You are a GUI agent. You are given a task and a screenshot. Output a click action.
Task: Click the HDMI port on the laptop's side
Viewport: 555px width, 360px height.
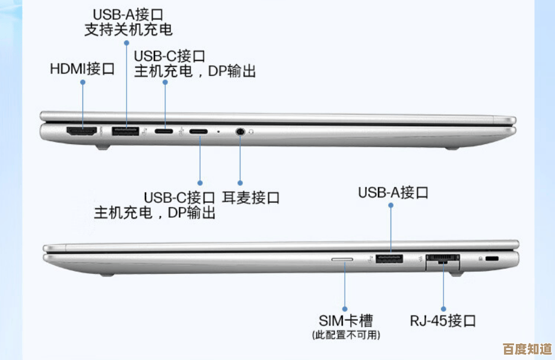81,131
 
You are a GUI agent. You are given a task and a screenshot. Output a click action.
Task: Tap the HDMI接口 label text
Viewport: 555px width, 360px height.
82,69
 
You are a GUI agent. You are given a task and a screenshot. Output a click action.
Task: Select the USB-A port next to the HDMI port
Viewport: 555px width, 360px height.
126,131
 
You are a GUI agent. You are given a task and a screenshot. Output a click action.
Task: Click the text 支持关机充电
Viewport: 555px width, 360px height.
128,29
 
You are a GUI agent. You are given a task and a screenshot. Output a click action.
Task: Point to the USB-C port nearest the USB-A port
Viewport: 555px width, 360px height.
165,131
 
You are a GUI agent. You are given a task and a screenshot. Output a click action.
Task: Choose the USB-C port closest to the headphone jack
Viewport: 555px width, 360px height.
199,131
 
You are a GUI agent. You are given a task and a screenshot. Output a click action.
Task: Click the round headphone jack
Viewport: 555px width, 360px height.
240,131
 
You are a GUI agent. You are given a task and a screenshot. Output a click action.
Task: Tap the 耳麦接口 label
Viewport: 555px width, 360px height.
250,197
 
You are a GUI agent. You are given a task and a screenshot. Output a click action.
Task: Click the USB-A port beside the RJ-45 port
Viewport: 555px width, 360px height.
390,259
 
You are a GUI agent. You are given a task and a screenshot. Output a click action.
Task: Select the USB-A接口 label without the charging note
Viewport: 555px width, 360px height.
393,192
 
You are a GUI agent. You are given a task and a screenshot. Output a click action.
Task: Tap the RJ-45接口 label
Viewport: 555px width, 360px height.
443,321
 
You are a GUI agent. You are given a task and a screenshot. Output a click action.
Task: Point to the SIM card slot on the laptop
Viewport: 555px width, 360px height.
342,259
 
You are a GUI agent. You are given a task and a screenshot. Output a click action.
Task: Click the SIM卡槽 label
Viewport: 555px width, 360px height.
345,321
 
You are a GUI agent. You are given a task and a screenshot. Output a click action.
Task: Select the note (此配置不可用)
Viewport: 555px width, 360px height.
345,335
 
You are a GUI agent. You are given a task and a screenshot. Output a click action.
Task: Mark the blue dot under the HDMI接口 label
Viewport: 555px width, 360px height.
82,83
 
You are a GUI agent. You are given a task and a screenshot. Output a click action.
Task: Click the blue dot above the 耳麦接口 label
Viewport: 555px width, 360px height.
240,183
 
